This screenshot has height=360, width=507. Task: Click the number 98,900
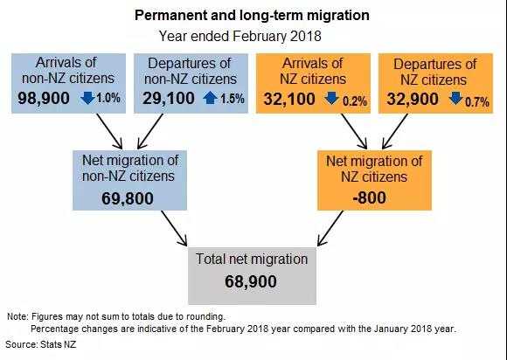[44, 98]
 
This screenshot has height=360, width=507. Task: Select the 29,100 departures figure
[169, 98]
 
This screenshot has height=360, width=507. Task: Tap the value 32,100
[289, 99]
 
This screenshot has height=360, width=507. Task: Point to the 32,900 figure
[413, 99]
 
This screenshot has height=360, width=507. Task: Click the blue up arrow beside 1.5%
[210, 98]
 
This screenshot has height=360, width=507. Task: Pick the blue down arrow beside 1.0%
[87, 98]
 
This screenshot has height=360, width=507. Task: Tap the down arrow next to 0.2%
[332, 98]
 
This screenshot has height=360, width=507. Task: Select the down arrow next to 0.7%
[455, 98]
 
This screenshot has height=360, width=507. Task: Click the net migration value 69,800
[128, 198]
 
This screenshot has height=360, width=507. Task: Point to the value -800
[369, 197]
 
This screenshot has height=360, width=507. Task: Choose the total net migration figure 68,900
[251, 281]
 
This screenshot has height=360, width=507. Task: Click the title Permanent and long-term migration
[252, 15]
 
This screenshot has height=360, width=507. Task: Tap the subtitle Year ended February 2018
[240, 36]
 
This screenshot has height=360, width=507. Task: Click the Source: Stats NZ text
[41, 344]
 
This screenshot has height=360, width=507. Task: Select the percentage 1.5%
[233, 99]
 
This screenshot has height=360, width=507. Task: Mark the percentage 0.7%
[477, 102]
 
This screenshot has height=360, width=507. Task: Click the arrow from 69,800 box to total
[174, 228]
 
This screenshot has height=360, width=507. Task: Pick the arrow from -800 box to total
[330, 228]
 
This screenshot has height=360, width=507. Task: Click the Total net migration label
[252, 260]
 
